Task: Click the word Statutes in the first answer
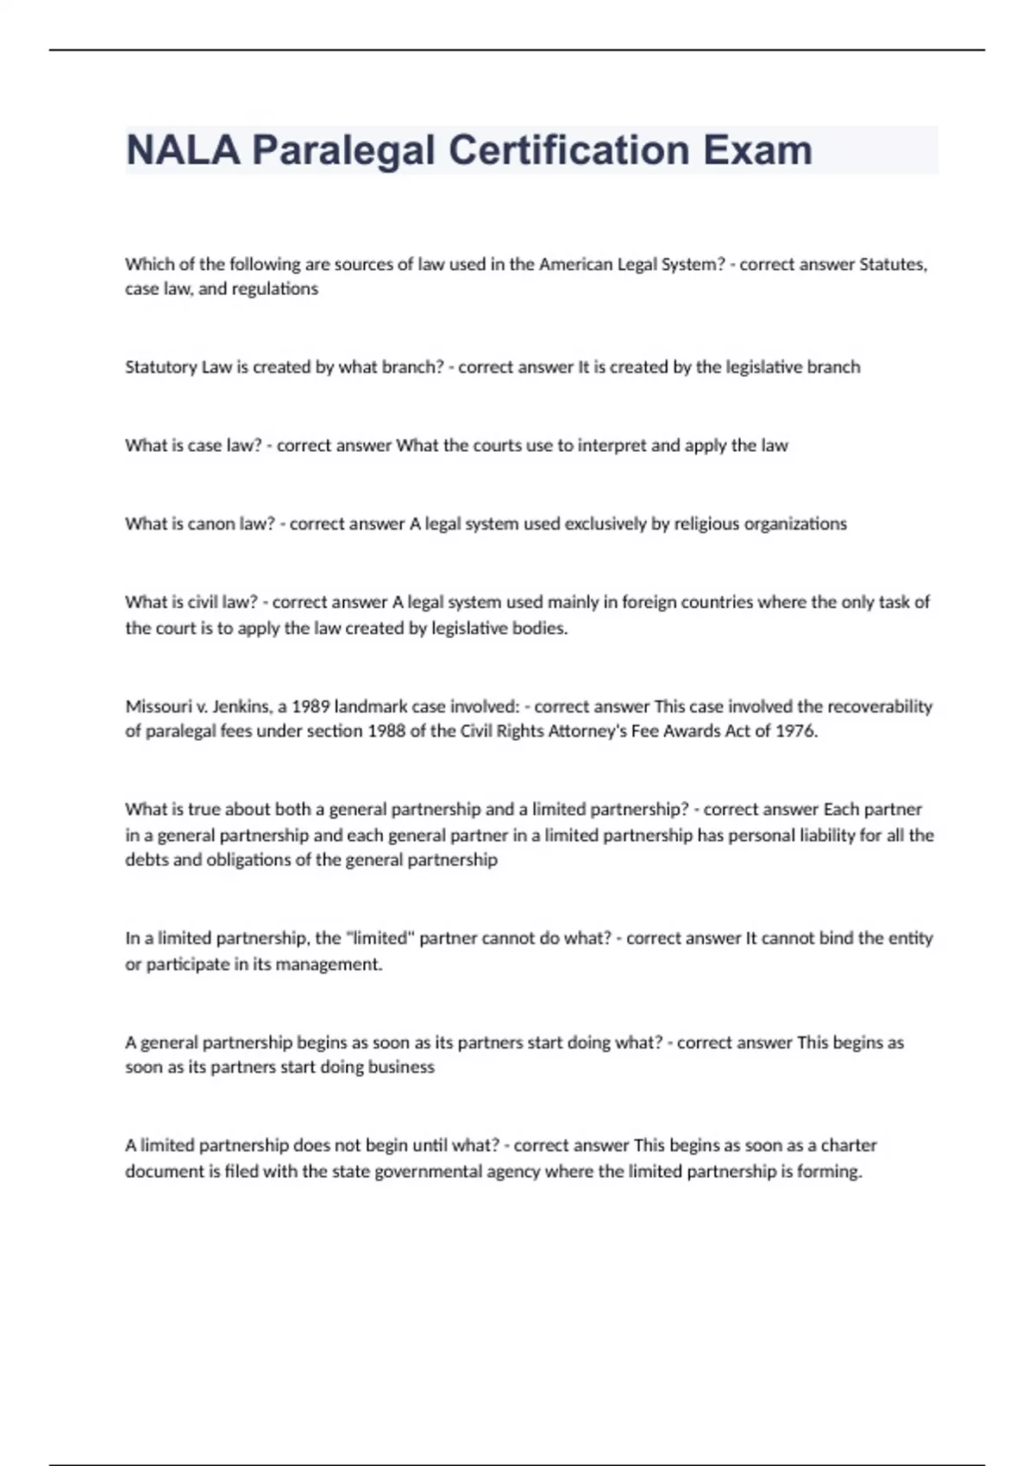pos(893,264)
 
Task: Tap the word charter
pos(849,1145)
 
